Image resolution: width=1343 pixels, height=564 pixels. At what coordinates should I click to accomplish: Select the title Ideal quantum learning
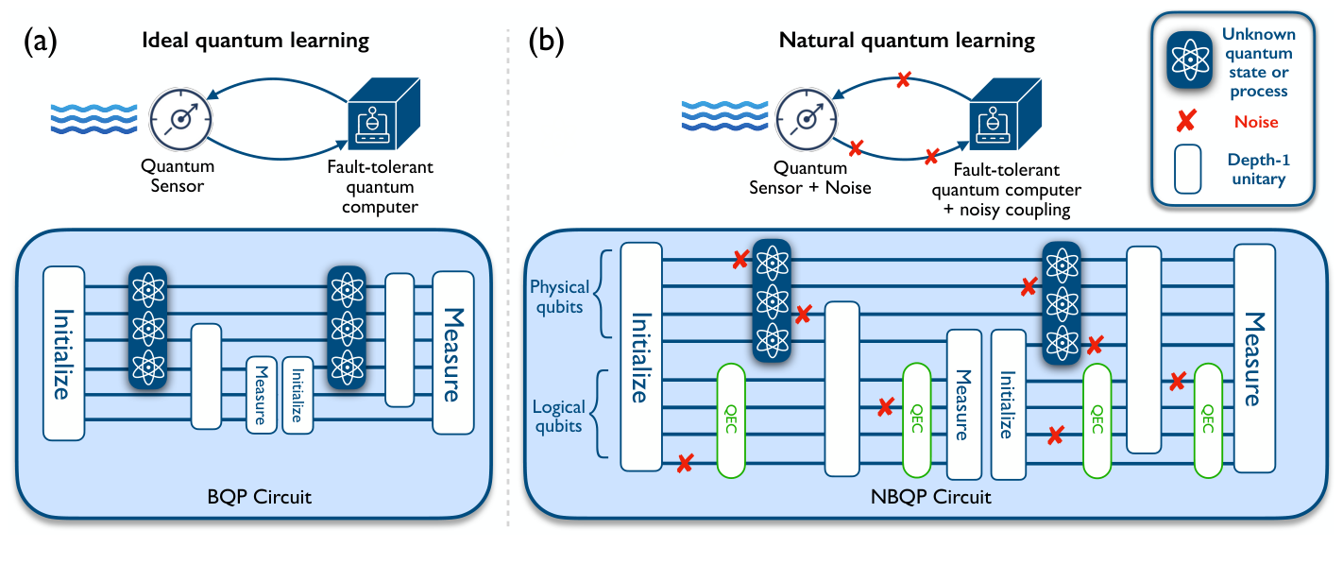(x=255, y=41)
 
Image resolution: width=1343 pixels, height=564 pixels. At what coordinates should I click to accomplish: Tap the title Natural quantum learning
(x=907, y=41)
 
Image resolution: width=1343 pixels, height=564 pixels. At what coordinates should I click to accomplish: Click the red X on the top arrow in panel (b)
(x=903, y=81)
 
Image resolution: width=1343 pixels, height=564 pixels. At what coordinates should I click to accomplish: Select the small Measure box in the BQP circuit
(x=261, y=396)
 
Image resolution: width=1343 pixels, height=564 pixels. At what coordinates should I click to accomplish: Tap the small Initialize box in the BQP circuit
(x=297, y=396)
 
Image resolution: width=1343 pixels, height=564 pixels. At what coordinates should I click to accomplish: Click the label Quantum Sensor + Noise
(x=821, y=178)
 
